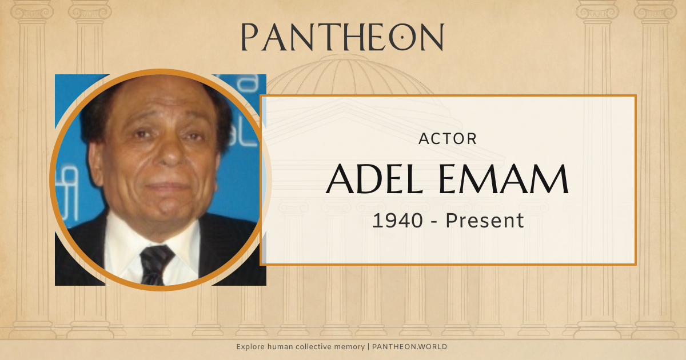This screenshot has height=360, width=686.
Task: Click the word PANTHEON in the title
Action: [342, 37]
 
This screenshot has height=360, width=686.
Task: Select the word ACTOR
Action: [448, 139]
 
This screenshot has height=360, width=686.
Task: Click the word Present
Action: [485, 220]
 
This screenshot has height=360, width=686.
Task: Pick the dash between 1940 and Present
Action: [434, 221]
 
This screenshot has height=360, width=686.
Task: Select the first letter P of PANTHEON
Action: [249, 38]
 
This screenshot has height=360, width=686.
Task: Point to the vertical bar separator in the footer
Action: [369, 347]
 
